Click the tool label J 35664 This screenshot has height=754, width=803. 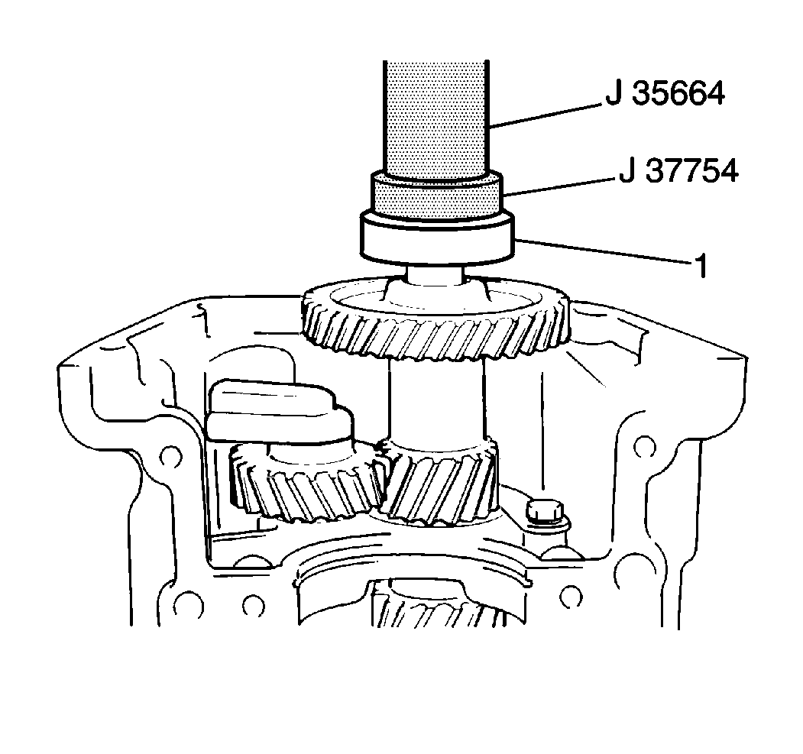pos(665,94)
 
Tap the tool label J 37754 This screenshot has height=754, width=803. pos(679,170)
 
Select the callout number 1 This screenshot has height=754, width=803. pos(701,266)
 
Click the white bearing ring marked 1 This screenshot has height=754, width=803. pos(436,240)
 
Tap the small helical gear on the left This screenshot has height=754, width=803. pos(306,484)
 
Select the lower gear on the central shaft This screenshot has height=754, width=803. pos(439,481)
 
